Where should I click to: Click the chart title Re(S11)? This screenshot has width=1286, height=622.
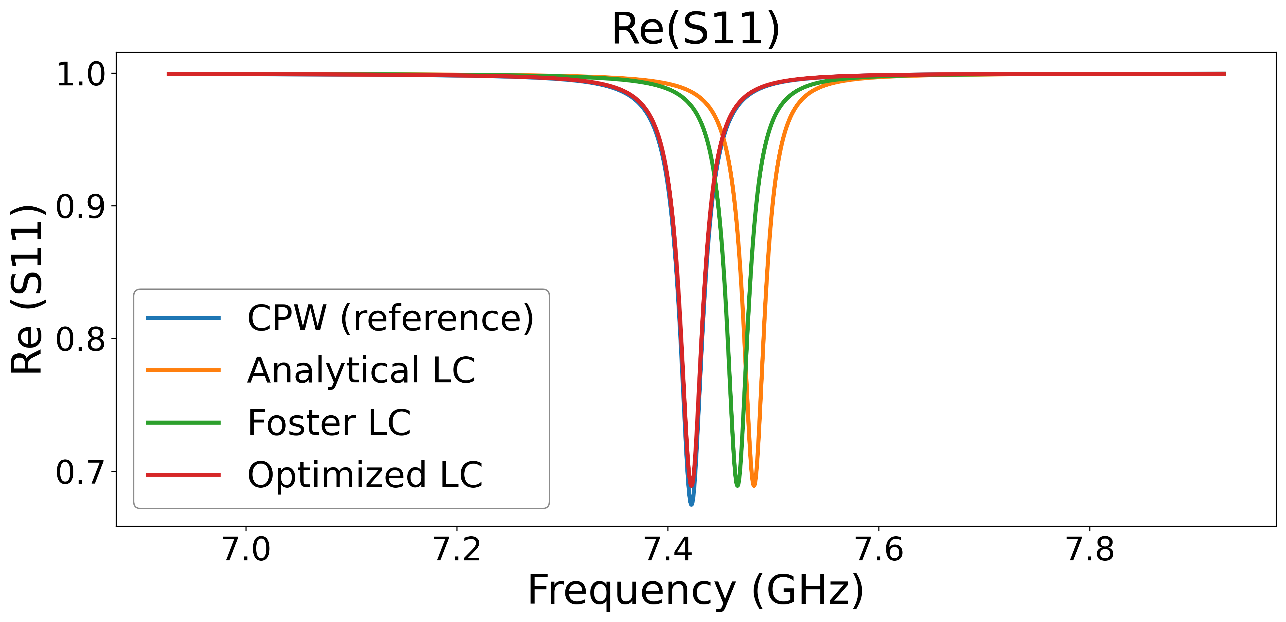tap(696, 29)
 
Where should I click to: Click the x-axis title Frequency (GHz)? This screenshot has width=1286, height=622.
tap(696, 591)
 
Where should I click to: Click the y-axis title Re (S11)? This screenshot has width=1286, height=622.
tap(27, 289)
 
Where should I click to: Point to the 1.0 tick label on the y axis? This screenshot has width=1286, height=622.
tap(81, 74)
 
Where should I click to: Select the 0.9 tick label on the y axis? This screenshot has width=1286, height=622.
tap(81, 207)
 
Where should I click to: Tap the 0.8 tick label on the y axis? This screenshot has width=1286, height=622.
tap(81, 339)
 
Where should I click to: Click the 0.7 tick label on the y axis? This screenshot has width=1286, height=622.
tap(81, 472)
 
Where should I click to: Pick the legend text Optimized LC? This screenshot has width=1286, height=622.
tap(365, 475)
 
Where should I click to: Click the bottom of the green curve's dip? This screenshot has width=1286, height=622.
tap(737, 485)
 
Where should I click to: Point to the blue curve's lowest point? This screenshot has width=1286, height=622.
tap(692, 504)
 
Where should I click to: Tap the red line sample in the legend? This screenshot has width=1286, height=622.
tap(183, 475)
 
